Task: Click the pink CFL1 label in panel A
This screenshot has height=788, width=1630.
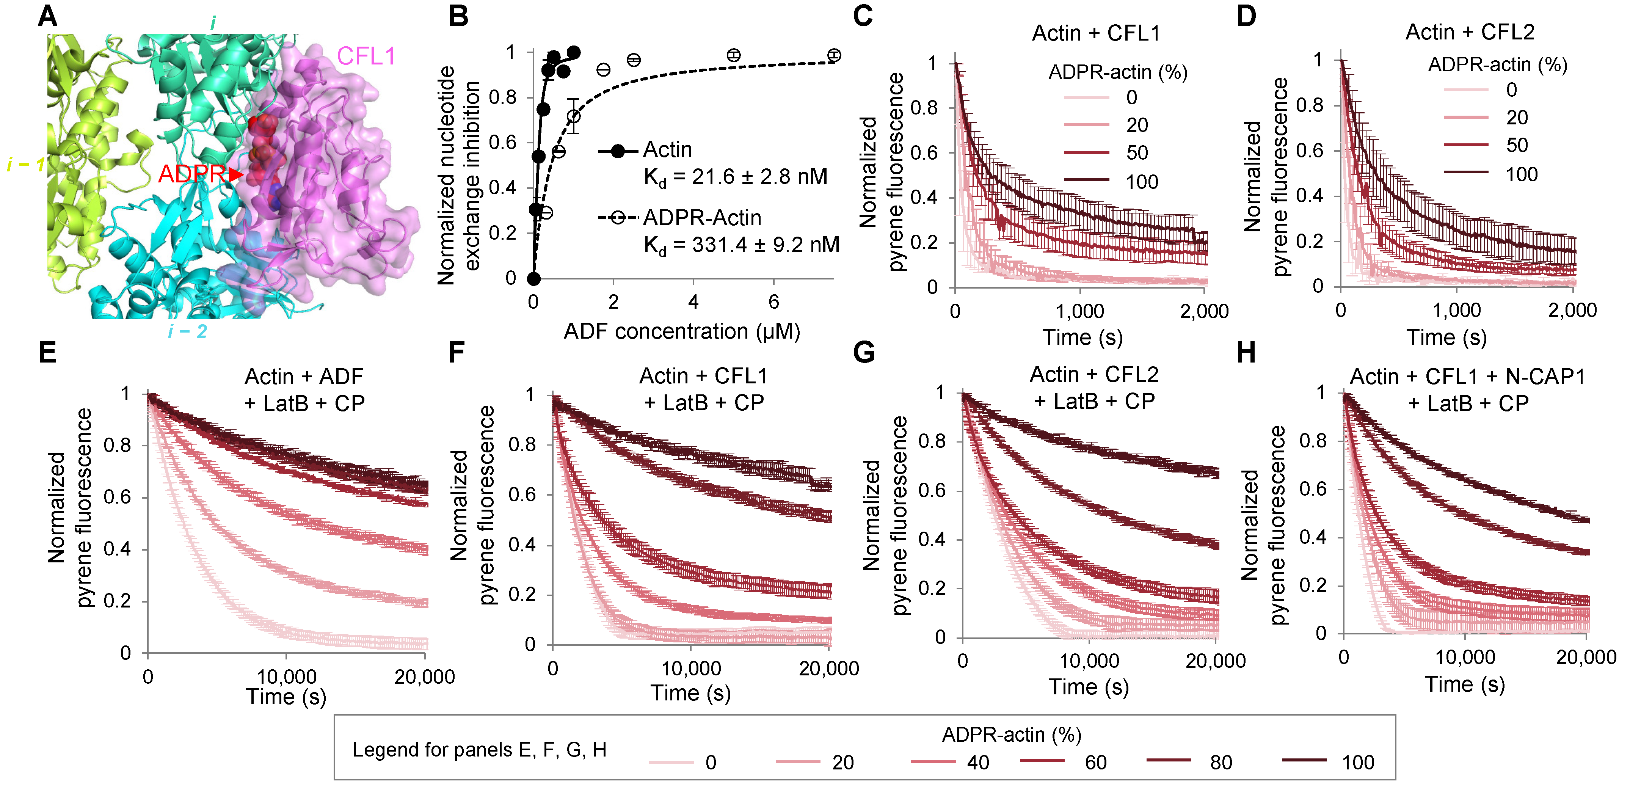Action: coord(366,57)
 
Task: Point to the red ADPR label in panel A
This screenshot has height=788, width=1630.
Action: coord(191,173)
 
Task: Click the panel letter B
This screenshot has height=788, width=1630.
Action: coord(458,16)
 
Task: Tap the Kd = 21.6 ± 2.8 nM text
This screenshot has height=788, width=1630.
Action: coord(735,177)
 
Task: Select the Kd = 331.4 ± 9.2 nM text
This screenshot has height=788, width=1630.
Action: coord(741,245)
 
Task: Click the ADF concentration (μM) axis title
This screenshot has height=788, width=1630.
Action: coord(681,331)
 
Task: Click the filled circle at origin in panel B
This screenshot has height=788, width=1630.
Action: coord(533,278)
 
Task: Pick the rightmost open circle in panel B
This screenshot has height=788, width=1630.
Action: coord(834,55)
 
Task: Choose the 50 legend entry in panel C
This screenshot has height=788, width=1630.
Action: coord(1136,152)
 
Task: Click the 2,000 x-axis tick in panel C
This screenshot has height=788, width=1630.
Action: coord(1204,311)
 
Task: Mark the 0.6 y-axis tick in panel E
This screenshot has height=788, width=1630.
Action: coord(118,497)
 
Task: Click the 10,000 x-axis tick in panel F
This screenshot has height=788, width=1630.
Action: coord(691,669)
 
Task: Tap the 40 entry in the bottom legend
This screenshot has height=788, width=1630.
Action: coord(977,762)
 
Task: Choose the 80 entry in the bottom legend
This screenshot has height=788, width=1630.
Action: coord(1221,762)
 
